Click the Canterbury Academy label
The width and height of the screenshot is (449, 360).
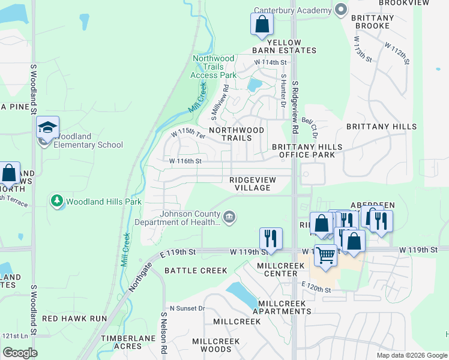click(x=292, y=10)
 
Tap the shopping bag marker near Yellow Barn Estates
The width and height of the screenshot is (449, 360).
click(x=262, y=25)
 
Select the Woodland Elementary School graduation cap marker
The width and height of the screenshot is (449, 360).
click(x=48, y=127)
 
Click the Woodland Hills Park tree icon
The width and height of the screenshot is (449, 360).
click(x=57, y=202)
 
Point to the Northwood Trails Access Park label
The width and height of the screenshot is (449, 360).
click(x=213, y=67)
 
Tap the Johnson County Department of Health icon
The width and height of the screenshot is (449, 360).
click(x=229, y=217)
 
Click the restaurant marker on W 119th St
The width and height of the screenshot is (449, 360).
click(x=271, y=238)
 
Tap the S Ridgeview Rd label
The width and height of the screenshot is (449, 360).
click(x=295, y=108)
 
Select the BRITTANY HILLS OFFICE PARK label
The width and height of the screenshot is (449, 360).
click(x=307, y=151)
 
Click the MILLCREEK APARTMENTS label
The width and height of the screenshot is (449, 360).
click(x=282, y=307)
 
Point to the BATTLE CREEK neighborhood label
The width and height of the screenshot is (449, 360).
click(x=196, y=271)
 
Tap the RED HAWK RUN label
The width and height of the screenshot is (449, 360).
click(x=74, y=319)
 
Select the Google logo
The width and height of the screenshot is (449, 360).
click(x=20, y=353)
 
